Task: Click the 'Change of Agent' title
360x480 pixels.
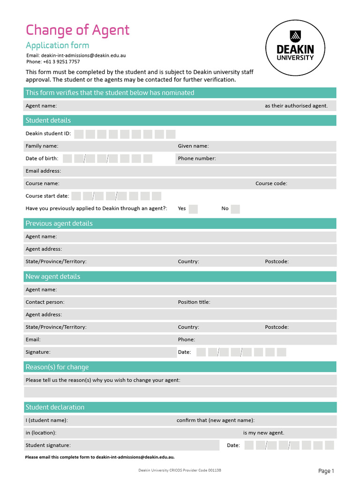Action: coord(77,30)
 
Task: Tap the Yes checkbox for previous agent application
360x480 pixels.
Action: coord(193,209)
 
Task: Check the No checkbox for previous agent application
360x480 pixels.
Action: coord(235,209)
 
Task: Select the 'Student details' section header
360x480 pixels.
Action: coord(48,120)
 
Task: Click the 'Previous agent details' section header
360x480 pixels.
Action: coord(59,224)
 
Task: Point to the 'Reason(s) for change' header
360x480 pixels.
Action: coord(57,367)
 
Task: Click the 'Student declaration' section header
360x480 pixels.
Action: coord(55,407)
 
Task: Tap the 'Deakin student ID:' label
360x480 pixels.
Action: coord(48,134)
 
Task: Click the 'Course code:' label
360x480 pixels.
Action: coord(271,183)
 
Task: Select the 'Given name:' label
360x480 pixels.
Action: coord(193,146)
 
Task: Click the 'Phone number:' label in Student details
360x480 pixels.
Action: coord(197,158)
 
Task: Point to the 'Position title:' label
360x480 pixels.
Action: coord(194,302)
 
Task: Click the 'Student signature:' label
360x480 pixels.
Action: coord(48,445)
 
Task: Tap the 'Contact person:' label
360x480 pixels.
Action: coord(45,302)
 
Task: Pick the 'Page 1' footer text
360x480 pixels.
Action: coord(326,471)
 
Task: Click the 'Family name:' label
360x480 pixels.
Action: coord(42,146)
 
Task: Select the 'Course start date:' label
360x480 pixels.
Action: coord(47,196)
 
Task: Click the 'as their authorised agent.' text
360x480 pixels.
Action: coord(296,106)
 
